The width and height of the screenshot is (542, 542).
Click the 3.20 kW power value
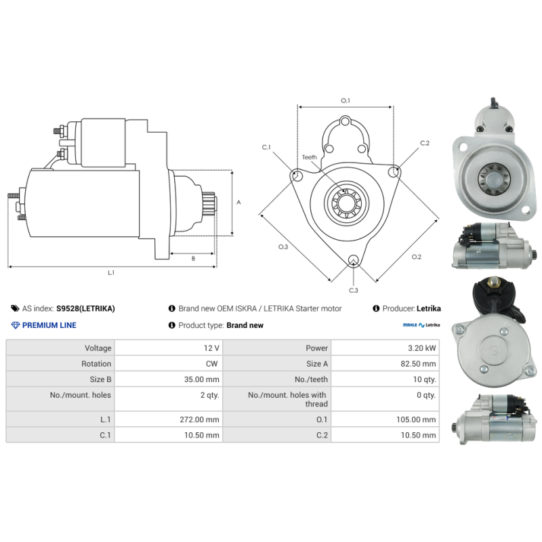pyautogui.click(x=421, y=348)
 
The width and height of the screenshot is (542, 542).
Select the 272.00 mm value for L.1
pyautogui.click(x=199, y=419)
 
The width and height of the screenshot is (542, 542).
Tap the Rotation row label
pyautogui.click(x=96, y=364)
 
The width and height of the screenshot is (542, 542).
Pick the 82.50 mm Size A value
pyautogui.click(x=418, y=364)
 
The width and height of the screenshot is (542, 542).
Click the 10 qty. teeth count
pyautogui.click(x=425, y=379)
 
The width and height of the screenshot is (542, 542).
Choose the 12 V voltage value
pyautogui.click(x=211, y=348)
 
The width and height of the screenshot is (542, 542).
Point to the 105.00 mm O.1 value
pyautogui.click(x=416, y=419)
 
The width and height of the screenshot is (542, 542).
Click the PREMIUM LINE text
pyautogui.click(x=49, y=325)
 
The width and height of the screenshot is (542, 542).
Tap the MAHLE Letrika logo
pyautogui.click(x=421, y=325)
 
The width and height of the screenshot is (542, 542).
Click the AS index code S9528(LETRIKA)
pyautogui.click(x=85, y=309)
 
